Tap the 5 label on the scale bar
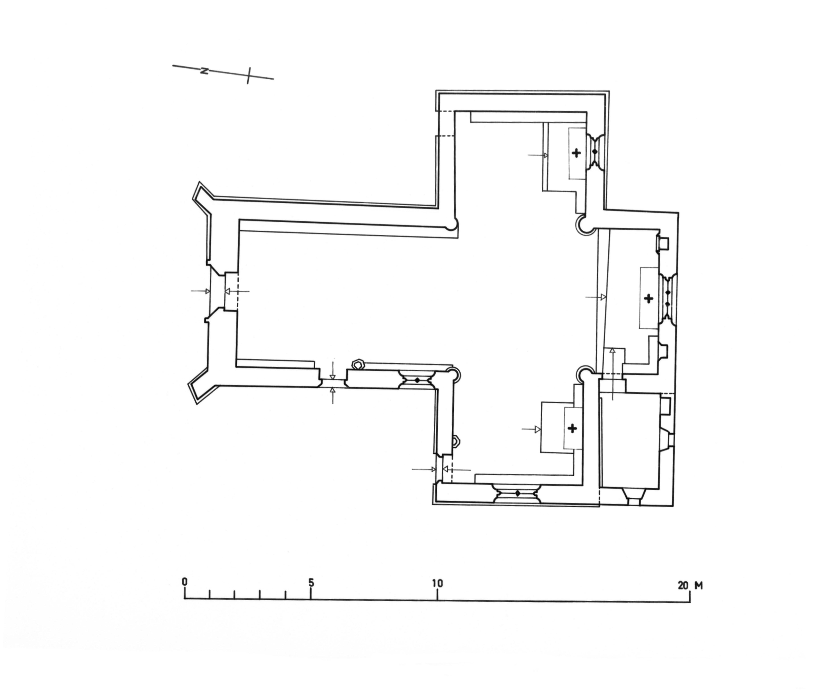311,582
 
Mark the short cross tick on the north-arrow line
248,75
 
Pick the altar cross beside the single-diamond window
576,153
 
